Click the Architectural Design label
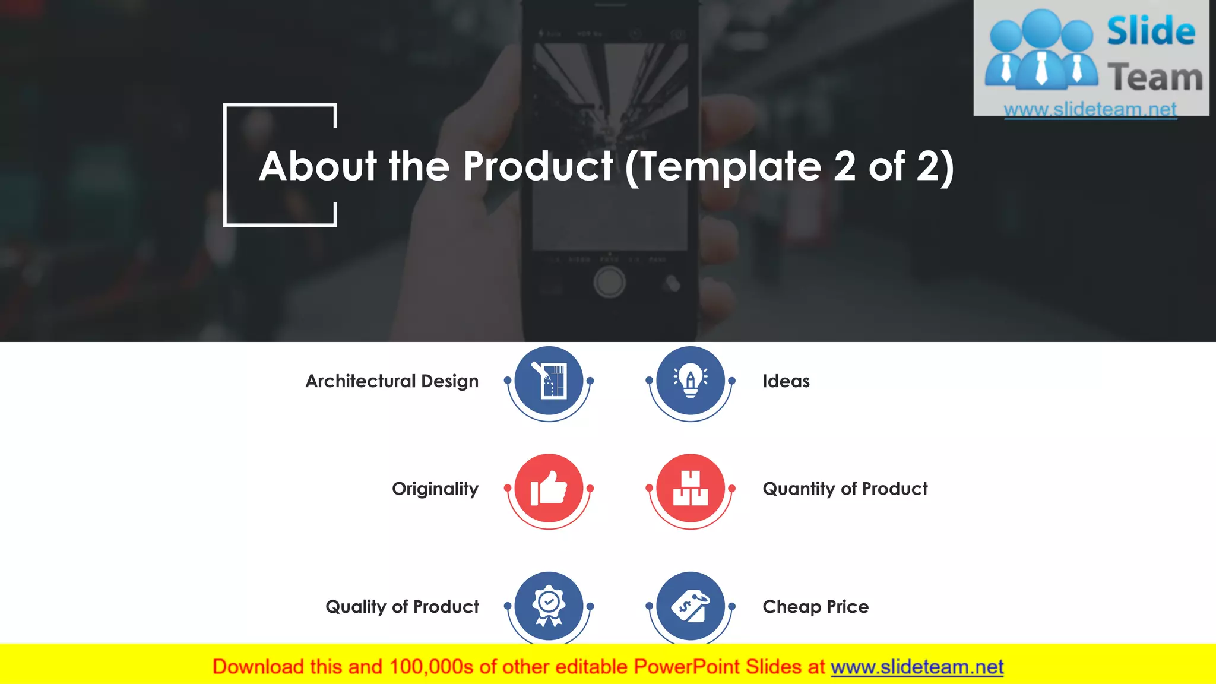(392, 381)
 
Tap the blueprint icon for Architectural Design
(549, 381)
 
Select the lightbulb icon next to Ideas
(691, 381)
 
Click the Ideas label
(786, 381)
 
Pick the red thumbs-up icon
(549, 488)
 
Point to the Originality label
(435, 489)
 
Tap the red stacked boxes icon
(691, 488)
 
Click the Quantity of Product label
(844, 489)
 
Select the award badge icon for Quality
(549, 606)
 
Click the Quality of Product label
(402, 607)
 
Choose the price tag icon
(691, 606)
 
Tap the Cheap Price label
(815, 607)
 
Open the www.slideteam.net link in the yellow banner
(917, 667)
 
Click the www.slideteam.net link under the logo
(1090, 109)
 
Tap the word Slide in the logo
(1151, 31)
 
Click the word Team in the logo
(1155, 78)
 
